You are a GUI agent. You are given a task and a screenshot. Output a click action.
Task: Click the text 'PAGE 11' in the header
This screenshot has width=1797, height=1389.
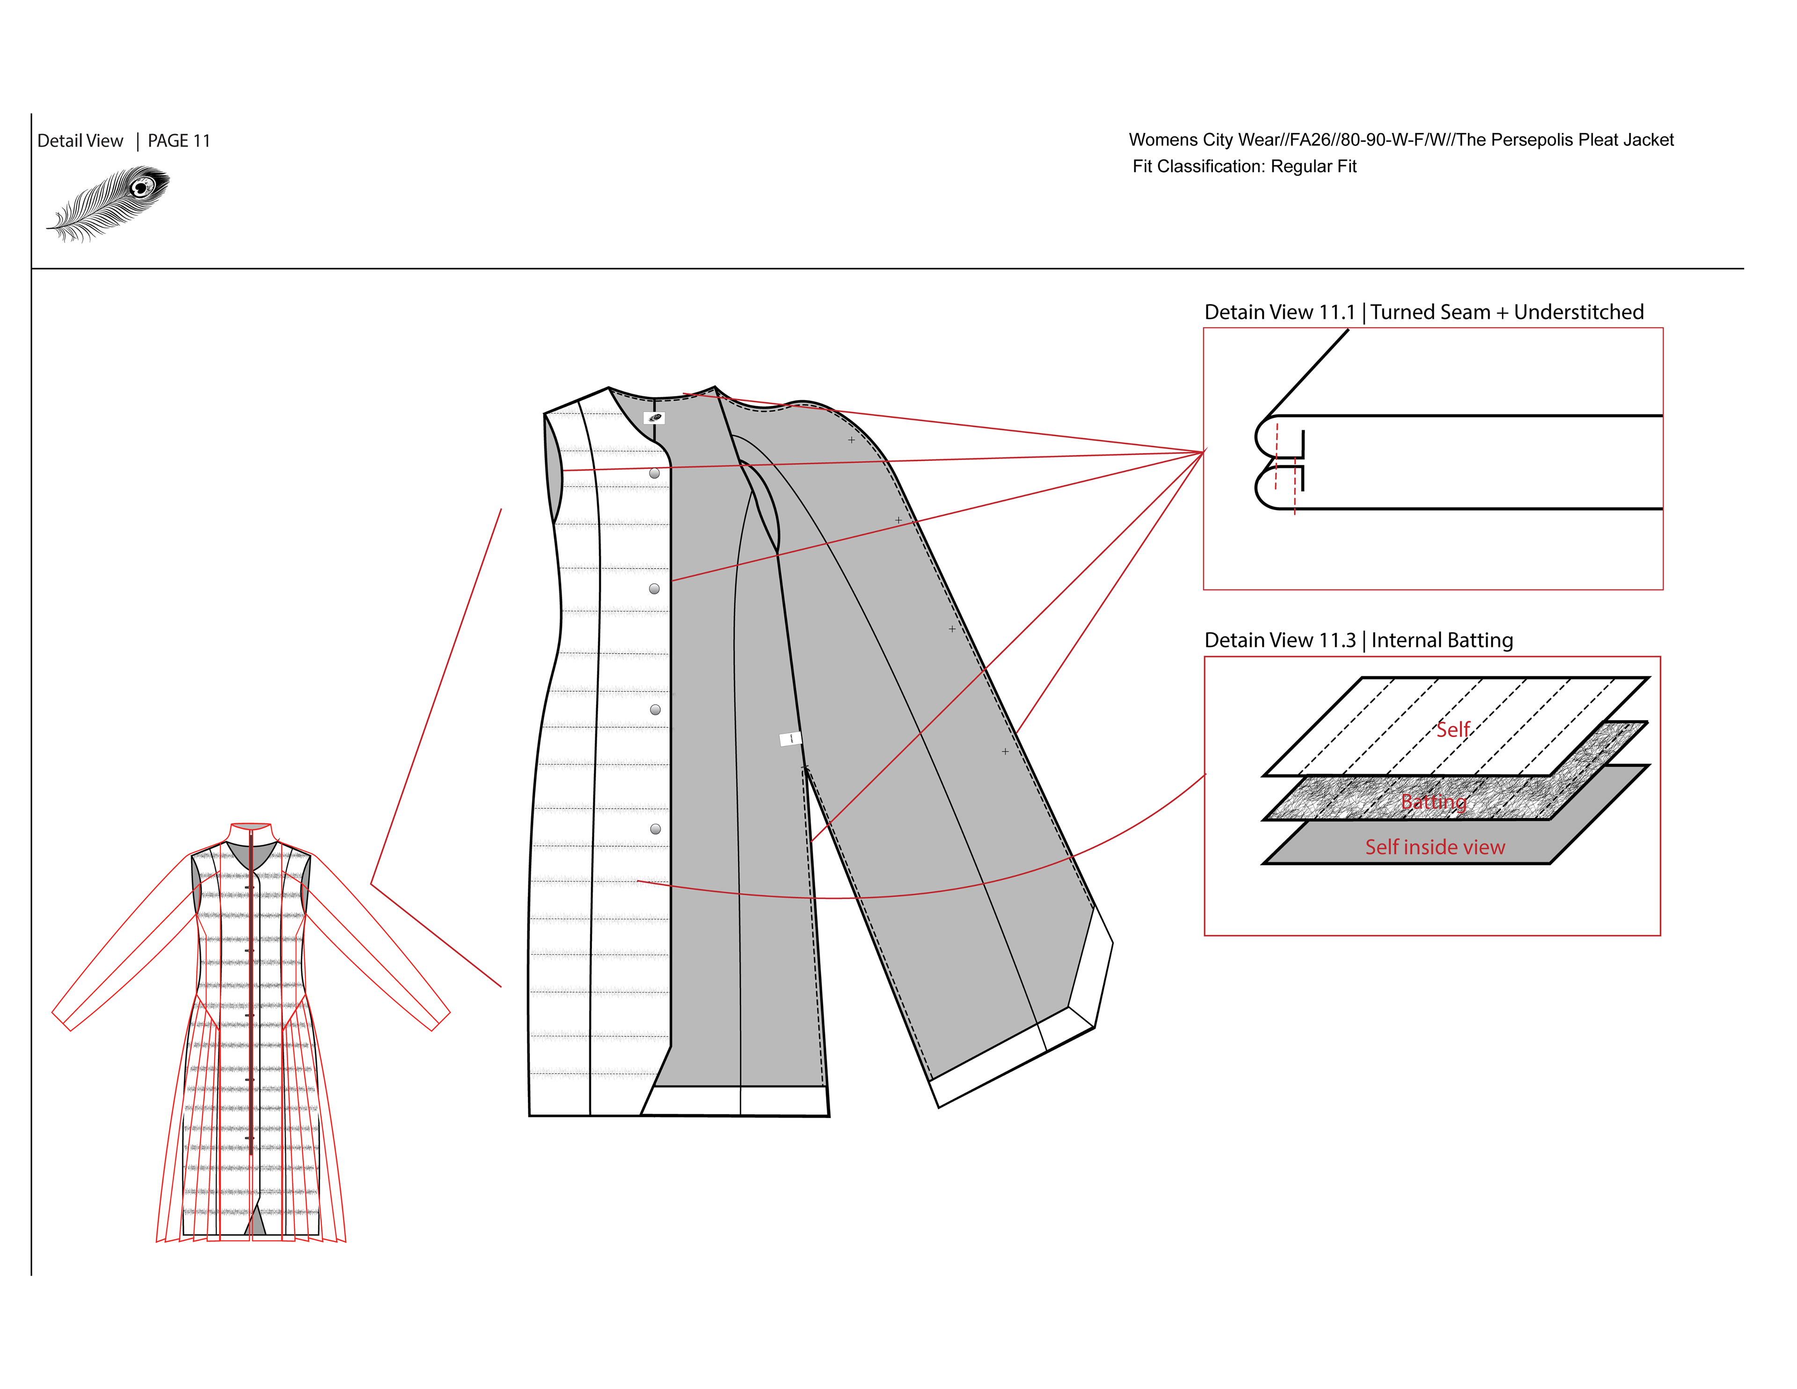point(179,141)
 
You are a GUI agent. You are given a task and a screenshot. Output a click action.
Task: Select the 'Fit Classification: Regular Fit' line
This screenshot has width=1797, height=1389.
point(1244,166)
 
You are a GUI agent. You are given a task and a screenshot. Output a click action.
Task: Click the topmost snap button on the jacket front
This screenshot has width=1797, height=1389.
point(654,473)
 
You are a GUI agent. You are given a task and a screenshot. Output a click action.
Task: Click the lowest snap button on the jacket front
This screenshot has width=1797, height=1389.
point(655,829)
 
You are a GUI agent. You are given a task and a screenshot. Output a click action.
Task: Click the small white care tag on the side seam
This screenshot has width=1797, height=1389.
point(790,739)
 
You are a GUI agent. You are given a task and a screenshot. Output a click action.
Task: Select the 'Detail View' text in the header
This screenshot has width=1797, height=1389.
point(80,141)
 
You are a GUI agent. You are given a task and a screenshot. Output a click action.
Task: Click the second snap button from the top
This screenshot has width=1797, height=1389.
point(654,588)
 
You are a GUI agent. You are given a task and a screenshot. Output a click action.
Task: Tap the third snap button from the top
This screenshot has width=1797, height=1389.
point(655,709)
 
